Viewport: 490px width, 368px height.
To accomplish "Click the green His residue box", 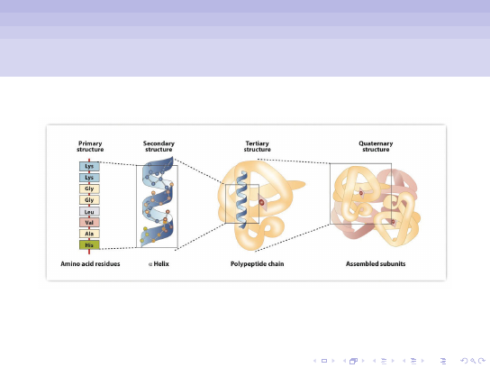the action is pos(89,245).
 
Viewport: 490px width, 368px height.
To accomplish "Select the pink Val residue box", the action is pos(89,223).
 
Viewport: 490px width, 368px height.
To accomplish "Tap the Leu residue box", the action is pos(89,212).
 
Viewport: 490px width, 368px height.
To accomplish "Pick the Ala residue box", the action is pos(89,234).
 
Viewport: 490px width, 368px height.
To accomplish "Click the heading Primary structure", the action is pos(90,146).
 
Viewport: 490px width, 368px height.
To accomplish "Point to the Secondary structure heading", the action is pos(159,146).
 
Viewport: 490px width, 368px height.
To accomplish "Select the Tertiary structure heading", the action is pos(258,146).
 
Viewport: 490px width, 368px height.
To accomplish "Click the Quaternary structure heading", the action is pos(376,146).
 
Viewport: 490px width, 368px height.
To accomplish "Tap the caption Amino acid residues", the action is pos(90,263).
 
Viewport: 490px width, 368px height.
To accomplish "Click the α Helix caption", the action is pos(159,263).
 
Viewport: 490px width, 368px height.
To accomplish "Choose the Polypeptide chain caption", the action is pos(258,263).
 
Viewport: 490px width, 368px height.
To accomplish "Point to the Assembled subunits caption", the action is pos(376,263).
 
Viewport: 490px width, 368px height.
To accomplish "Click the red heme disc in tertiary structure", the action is pos(261,203).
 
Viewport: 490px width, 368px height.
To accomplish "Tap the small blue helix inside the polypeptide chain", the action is pos(242,199).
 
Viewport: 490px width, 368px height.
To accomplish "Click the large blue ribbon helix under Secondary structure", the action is pos(158,202).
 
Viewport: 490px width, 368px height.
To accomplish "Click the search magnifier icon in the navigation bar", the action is pos(473,361).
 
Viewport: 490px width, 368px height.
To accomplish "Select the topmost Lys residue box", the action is pos(89,166).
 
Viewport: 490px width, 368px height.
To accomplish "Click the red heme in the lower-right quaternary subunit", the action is pos(393,222).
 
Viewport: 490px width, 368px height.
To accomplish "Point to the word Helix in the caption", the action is pos(161,263).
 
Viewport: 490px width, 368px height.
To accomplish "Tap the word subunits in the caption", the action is pos(392,263).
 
